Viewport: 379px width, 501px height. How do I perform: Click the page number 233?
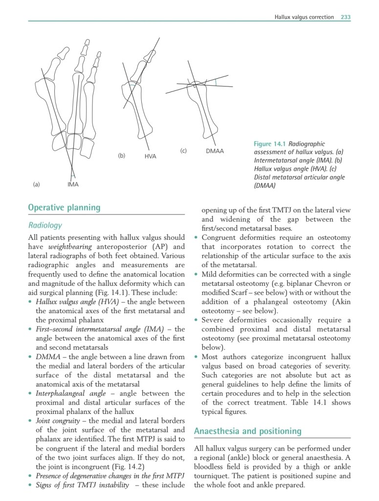click(x=346, y=17)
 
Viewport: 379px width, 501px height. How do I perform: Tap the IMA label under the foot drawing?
click(x=73, y=184)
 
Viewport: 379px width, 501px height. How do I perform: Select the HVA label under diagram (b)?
click(x=150, y=156)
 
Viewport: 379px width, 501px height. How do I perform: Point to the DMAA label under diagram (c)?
click(x=215, y=151)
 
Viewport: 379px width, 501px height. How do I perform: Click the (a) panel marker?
click(x=36, y=184)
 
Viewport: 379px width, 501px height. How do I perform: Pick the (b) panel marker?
click(x=122, y=156)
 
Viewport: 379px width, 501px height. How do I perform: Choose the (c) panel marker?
click(x=183, y=151)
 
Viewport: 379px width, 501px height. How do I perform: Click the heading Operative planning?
click(x=64, y=207)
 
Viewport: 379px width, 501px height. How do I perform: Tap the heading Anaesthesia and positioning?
click(x=247, y=431)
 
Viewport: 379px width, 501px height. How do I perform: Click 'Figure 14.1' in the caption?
click(x=270, y=144)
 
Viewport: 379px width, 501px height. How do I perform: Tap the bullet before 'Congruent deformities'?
click(x=196, y=238)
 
